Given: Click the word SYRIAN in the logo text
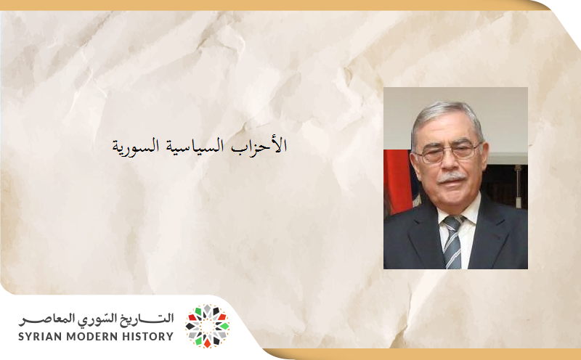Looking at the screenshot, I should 40,336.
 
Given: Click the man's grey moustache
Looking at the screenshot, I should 452,176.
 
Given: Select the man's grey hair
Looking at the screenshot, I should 444,116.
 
